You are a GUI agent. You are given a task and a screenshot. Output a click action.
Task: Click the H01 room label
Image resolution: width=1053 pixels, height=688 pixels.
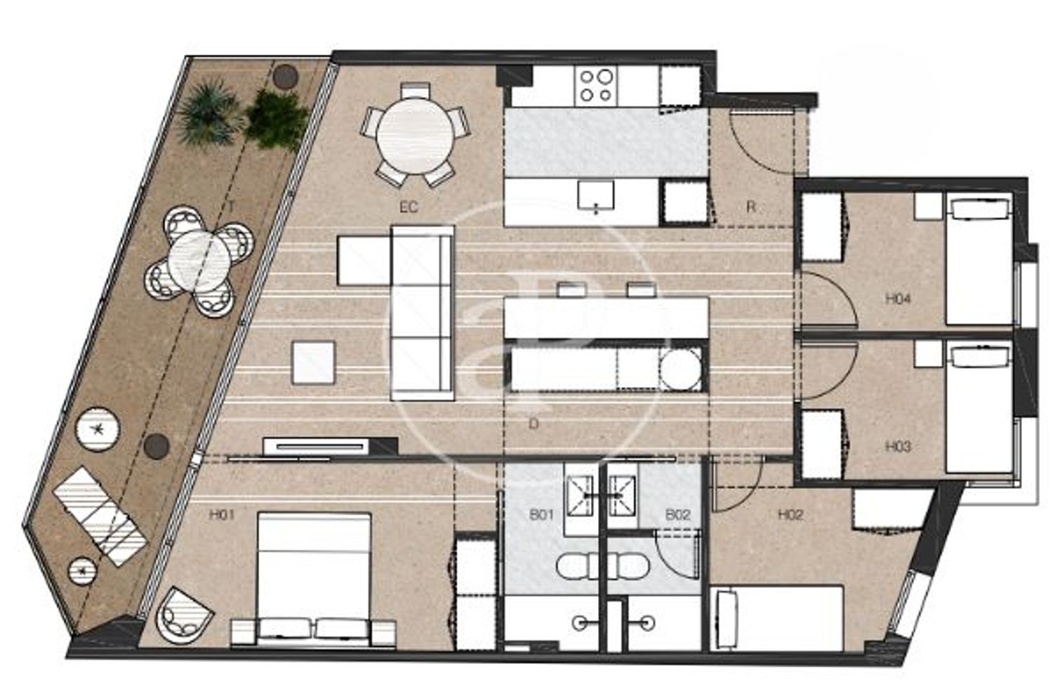[x=221, y=515]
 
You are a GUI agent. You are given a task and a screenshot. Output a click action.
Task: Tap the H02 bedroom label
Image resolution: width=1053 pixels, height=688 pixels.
[x=790, y=515]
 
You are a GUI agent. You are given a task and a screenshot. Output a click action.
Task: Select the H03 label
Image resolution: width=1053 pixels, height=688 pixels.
[x=898, y=446]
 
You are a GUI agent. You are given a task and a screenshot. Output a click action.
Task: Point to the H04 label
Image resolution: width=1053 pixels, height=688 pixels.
[x=898, y=299]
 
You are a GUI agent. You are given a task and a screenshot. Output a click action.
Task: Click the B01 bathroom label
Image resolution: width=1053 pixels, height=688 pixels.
[x=541, y=515]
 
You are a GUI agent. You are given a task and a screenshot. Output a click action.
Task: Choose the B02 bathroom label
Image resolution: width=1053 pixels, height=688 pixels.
[x=677, y=515]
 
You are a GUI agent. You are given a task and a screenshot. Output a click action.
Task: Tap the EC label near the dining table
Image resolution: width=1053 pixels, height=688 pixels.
[x=409, y=207]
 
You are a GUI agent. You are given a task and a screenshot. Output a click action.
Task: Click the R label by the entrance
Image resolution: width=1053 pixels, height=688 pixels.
[x=750, y=207]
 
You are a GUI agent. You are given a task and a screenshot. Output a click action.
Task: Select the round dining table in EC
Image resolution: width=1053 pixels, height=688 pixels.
[x=416, y=136]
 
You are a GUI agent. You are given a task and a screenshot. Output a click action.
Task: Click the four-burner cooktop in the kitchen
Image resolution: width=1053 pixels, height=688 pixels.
[x=595, y=86]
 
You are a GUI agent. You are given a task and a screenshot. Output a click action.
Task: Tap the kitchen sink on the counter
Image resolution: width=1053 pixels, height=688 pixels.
[x=596, y=196]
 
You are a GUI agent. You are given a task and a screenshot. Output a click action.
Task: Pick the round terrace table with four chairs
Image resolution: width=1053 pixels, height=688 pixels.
[x=200, y=261]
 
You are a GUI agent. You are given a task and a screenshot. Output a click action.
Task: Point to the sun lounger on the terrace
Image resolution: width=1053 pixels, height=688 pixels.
[x=100, y=515]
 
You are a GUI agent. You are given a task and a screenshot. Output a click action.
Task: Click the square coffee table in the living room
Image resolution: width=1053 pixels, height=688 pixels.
[x=314, y=363]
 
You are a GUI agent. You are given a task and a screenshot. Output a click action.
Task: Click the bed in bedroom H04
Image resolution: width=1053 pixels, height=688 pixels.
[x=979, y=257]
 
